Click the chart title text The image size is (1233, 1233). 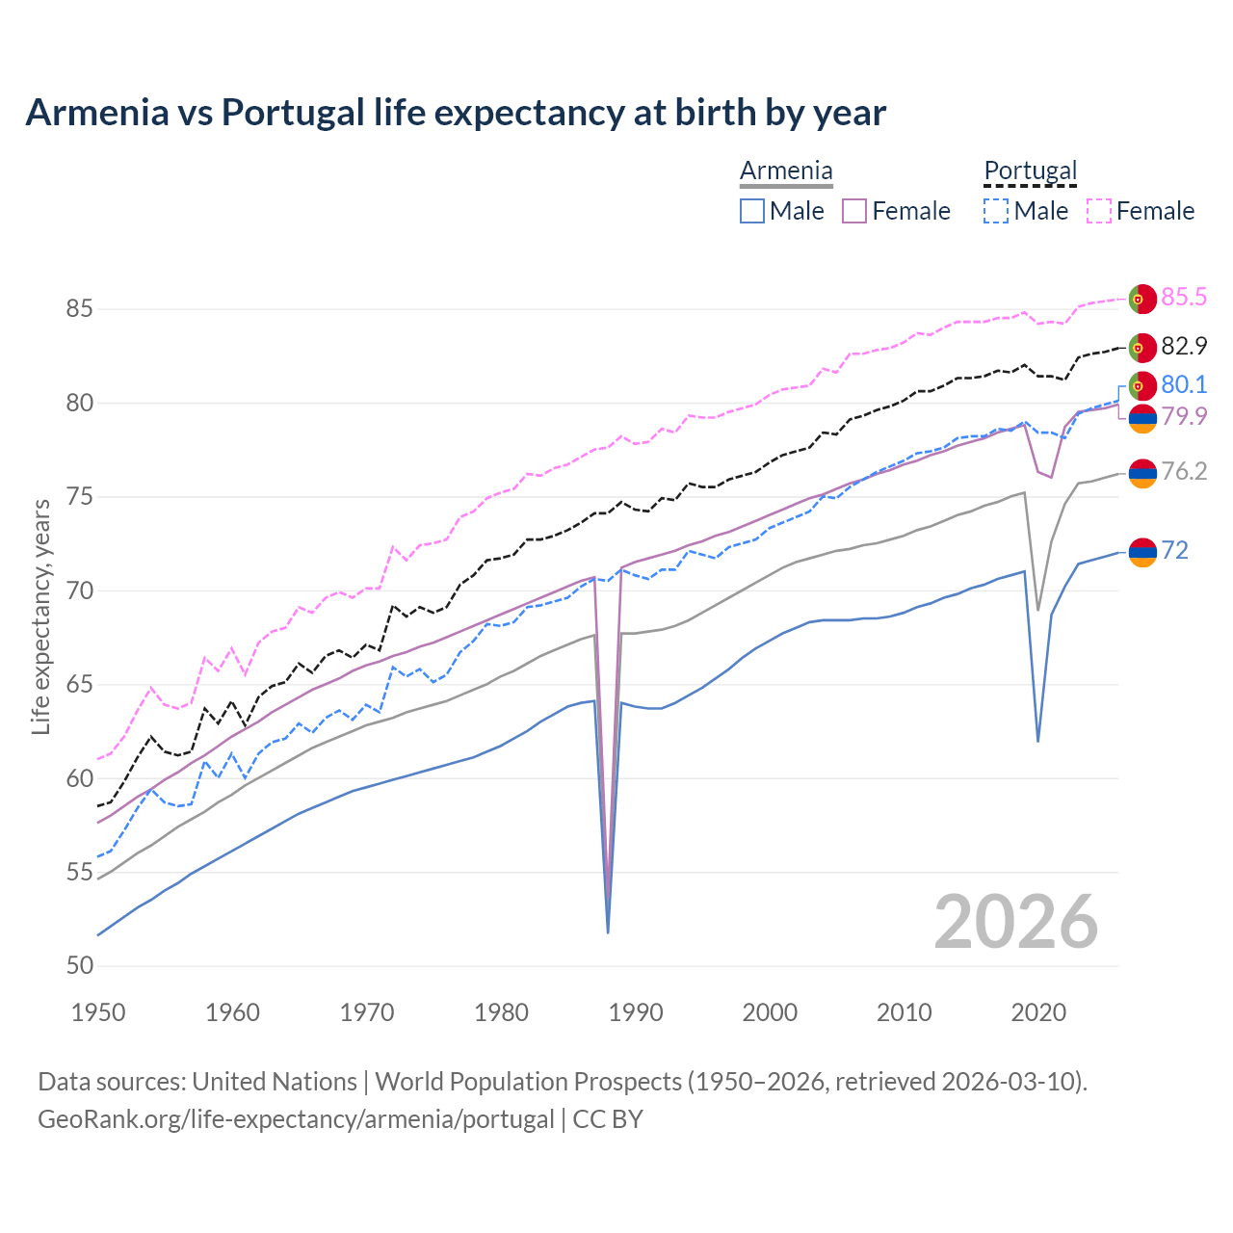coord(455,113)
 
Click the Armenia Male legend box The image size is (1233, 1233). coord(752,211)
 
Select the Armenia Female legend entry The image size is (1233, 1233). coord(897,211)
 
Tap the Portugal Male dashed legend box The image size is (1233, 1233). coord(996,211)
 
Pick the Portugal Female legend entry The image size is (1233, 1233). coord(1141,211)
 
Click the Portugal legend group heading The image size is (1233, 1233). coord(1030,171)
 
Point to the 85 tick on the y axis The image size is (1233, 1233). coord(79,309)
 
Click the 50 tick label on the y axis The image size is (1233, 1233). coord(79,966)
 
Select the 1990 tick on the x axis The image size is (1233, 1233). coord(636,1012)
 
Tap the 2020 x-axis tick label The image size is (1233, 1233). coord(1038,1012)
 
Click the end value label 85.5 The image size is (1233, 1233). coord(1184,298)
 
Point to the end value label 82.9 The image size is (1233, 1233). coord(1184,346)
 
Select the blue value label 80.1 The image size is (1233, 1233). coord(1184,385)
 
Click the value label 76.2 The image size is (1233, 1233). coord(1184,471)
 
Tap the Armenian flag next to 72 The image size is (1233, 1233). coord(1141,552)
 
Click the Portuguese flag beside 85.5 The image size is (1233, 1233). coord(1141,299)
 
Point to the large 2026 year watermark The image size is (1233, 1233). coord(1015,922)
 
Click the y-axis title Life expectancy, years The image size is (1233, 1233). coord(41,616)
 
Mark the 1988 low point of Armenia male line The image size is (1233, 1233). coord(608,931)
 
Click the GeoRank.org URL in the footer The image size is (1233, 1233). coord(296,1119)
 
